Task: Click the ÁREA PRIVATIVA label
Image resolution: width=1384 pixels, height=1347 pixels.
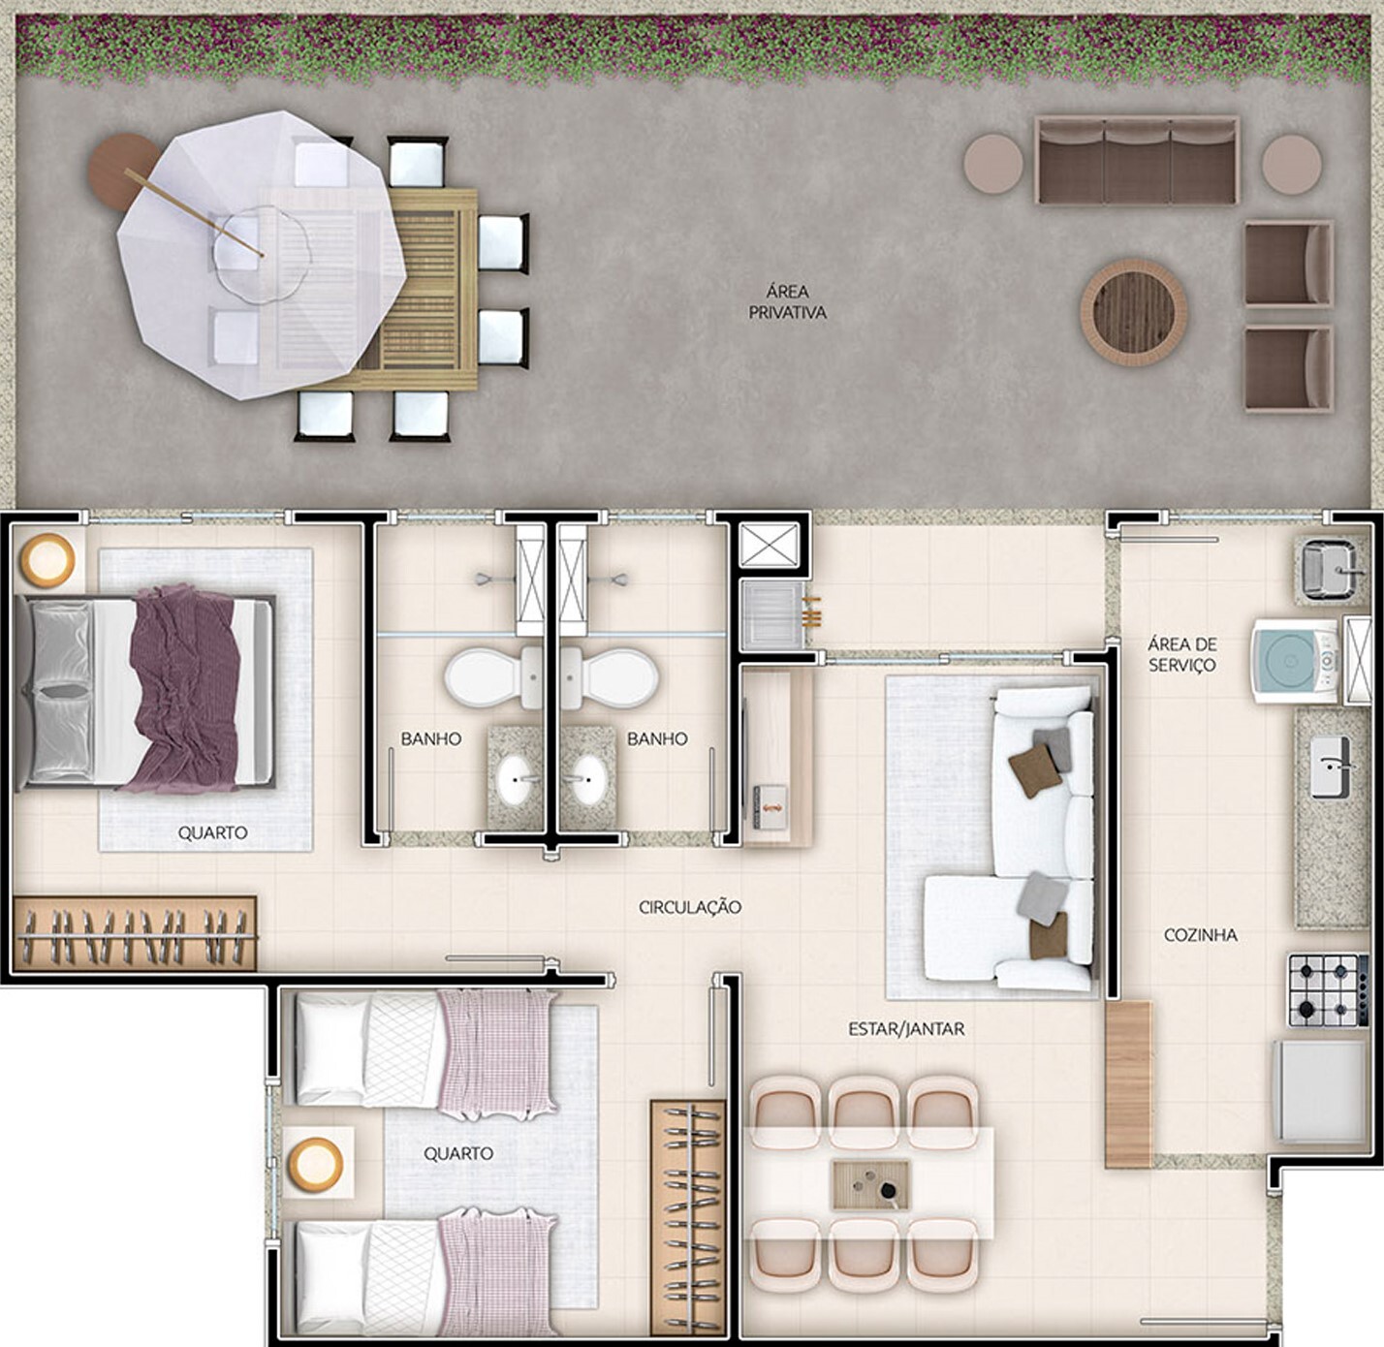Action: pos(787,301)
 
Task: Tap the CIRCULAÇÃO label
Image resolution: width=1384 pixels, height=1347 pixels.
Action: pos(689,907)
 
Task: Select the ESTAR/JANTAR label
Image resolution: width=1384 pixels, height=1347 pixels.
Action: pos(906,1029)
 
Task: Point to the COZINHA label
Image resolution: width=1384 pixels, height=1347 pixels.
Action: pos(1200,935)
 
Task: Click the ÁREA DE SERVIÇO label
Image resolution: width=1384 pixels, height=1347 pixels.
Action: pos(1181,654)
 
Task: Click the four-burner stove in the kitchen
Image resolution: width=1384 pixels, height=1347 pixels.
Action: pos(1327,989)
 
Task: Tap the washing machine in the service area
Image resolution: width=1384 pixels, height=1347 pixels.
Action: pos(1295,660)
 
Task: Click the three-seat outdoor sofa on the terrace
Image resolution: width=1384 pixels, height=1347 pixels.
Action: pos(1137,161)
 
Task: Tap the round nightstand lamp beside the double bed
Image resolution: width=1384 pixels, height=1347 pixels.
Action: pos(47,560)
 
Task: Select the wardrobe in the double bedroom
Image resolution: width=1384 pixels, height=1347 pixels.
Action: pos(135,934)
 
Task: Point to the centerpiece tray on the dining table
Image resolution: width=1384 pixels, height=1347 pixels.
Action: pos(870,1184)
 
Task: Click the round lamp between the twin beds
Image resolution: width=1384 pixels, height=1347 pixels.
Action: pos(316,1163)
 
